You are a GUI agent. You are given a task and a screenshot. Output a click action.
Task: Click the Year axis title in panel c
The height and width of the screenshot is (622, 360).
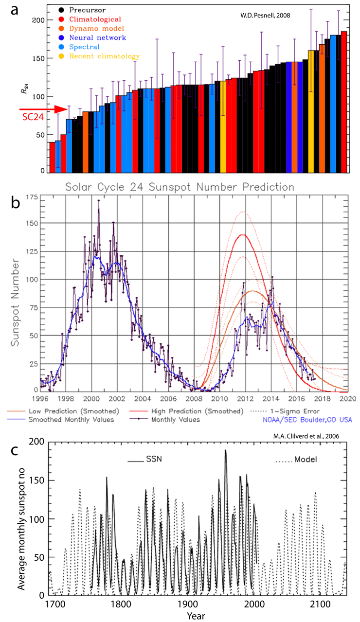pos(198,616)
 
